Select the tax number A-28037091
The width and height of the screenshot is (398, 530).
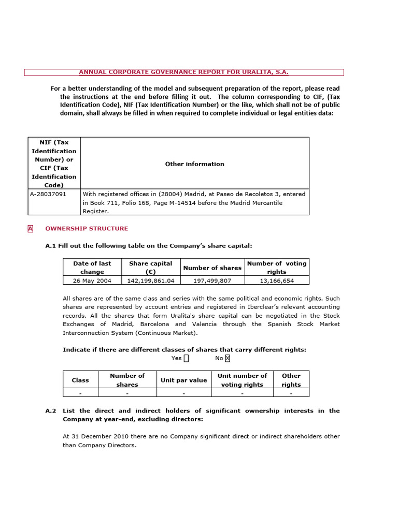[49, 194]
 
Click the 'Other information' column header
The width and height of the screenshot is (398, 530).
[194, 164]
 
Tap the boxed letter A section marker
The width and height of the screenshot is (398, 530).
[30, 228]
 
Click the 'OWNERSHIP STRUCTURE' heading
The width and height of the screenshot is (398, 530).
[87, 228]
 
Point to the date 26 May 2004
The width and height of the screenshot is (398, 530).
[92, 280]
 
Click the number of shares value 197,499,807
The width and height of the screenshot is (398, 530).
[212, 280]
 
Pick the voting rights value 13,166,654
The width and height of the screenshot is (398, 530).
[276, 280]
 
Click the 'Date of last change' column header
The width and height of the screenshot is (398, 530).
[92, 268]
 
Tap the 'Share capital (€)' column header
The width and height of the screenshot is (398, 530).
[150, 268]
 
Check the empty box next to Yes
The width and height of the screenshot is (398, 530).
[186, 358]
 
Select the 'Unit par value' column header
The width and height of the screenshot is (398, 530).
[183, 380]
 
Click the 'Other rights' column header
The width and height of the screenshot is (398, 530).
[291, 380]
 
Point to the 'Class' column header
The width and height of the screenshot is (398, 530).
[80, 380]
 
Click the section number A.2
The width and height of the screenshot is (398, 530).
[50, 411]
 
